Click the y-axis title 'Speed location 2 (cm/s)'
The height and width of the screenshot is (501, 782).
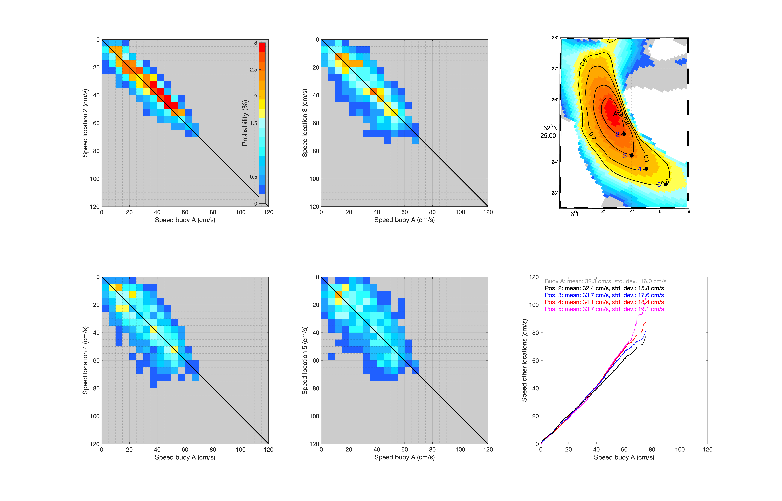coord(85,123)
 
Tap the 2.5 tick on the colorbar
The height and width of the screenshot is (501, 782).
coord(253,70)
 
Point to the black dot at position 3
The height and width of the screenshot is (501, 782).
coord(632,155)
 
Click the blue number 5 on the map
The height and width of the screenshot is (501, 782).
coord(659,185)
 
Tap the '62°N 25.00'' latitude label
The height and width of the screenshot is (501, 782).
coord(549,132)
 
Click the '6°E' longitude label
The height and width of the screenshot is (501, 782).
coord(575,214)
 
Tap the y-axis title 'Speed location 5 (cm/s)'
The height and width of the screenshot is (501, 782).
coord(305,360)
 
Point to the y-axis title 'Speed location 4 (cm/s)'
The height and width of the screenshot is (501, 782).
coord(85,360)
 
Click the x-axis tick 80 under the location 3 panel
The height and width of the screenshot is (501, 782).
coord(432,212)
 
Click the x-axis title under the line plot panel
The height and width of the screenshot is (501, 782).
coord(624,457)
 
